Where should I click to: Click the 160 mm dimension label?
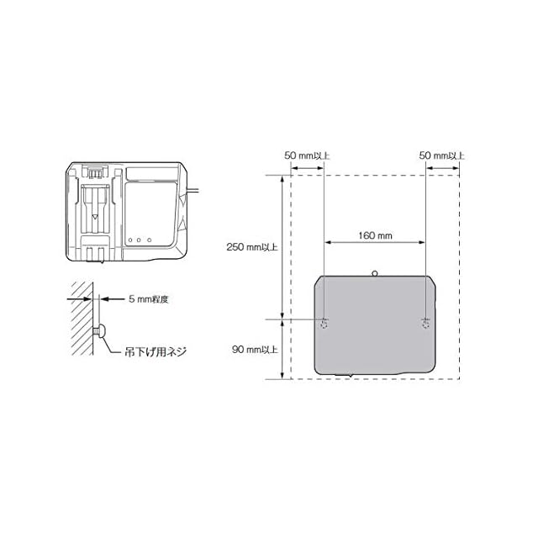coord(375,235)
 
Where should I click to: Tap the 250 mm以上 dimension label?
coord(252,246)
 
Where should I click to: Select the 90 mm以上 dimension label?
coord(255,350)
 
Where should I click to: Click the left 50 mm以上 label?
coord(307,156)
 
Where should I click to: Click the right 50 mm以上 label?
coord(442,156)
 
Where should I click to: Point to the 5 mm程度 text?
coord(149,299)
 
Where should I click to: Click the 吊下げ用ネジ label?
coord(156,351)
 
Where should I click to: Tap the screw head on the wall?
coord(103,330)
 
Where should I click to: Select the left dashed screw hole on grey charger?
coord(324,324)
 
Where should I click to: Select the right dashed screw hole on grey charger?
coord(425,324)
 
